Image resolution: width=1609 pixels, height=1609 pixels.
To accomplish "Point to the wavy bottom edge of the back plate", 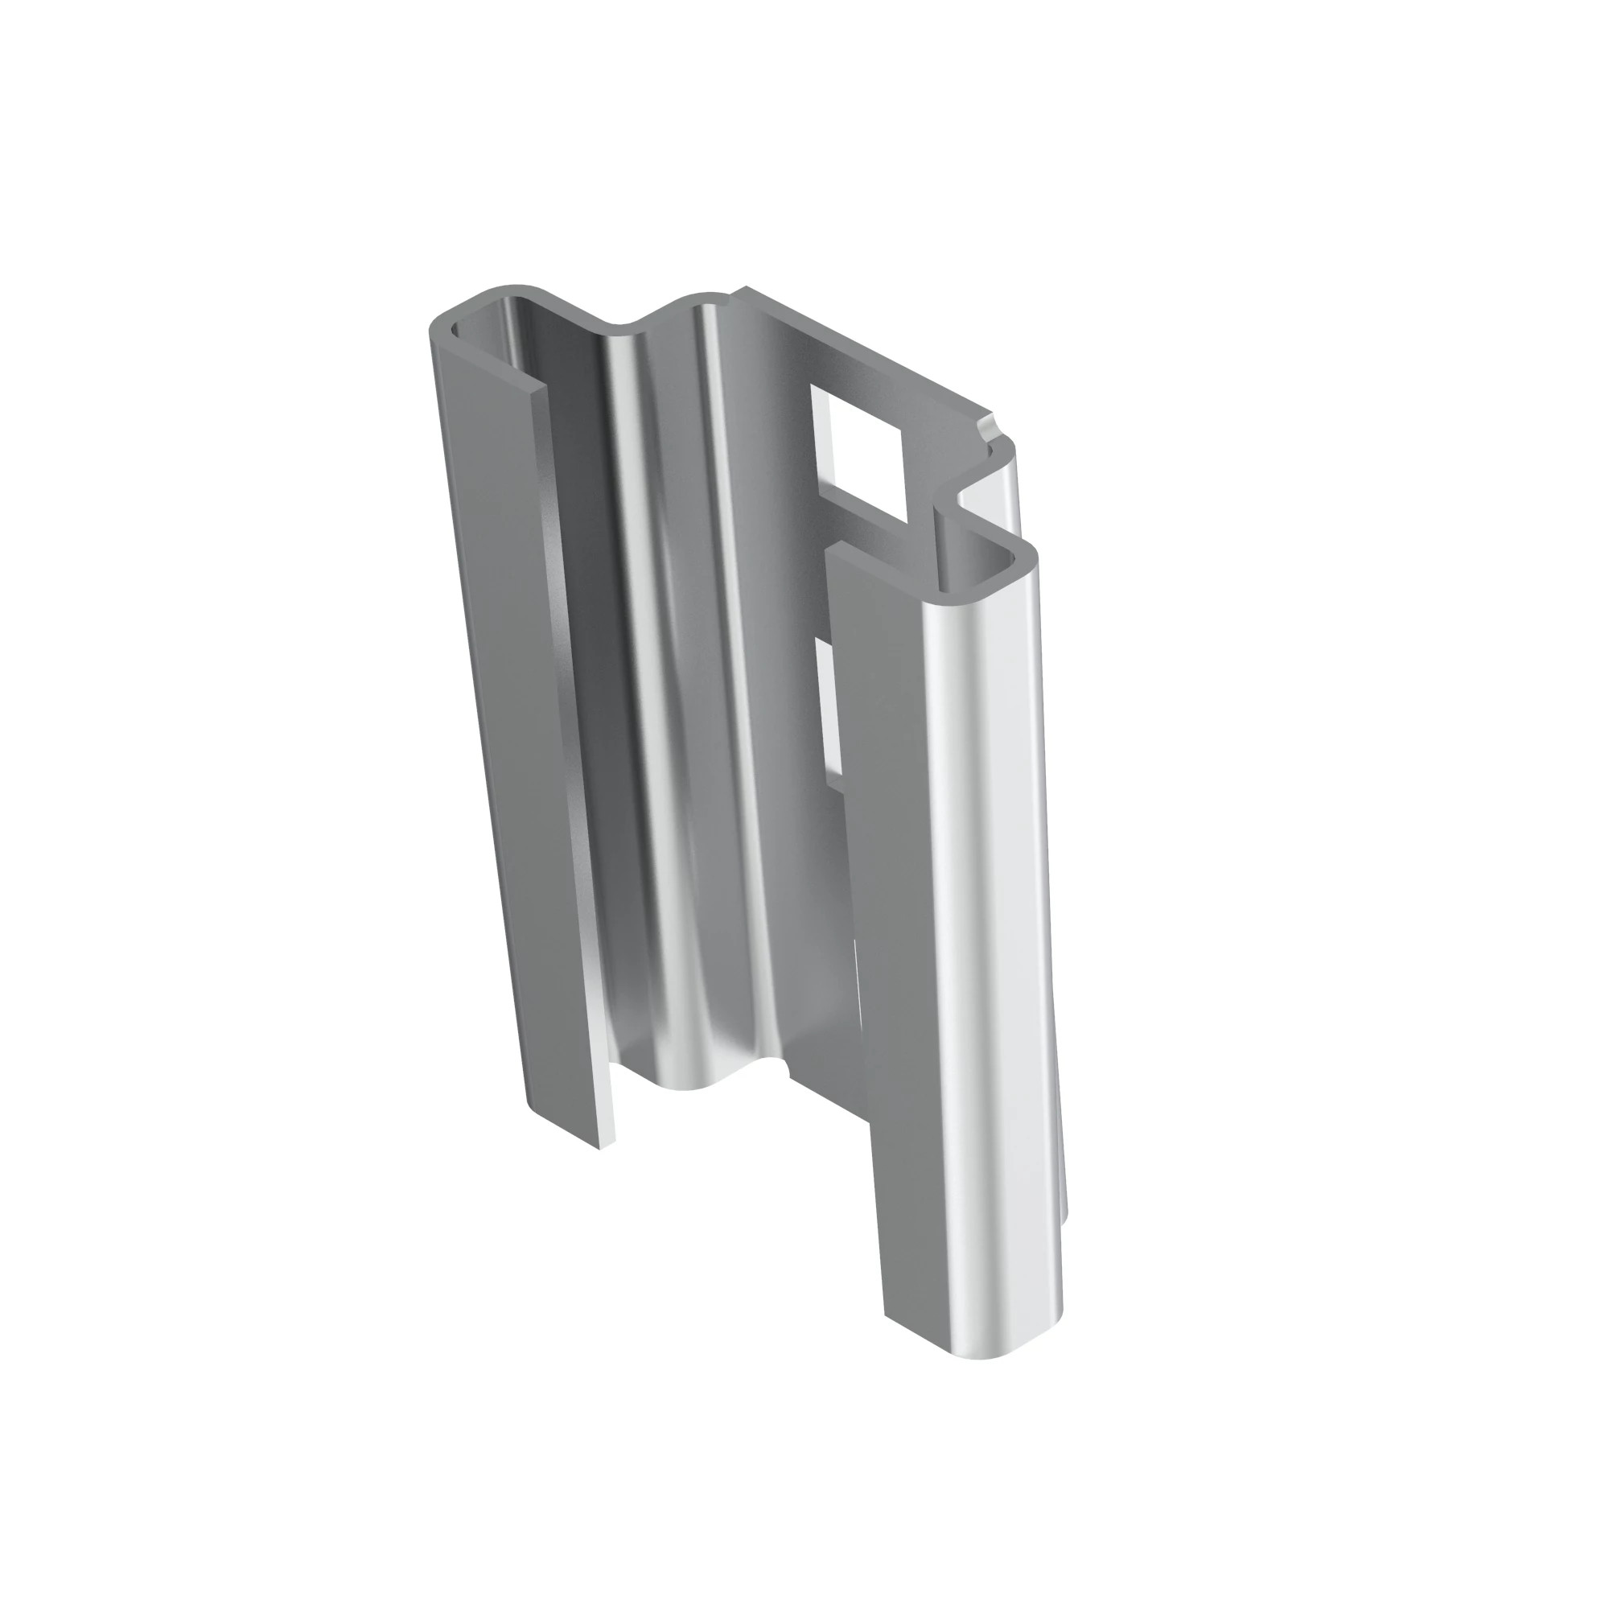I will pos(700,1083).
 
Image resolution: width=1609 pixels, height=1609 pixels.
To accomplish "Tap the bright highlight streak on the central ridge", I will pos(725,666).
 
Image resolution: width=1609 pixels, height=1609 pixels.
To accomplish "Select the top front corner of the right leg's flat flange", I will pos(834,546).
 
